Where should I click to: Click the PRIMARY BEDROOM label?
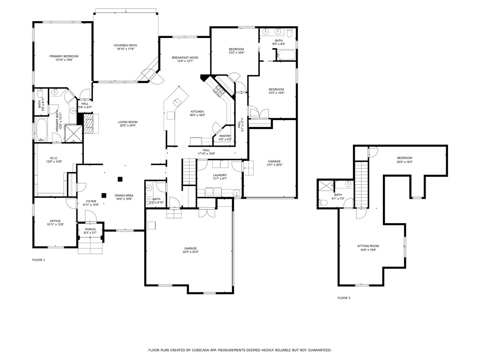64,56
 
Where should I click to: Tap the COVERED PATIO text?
125,45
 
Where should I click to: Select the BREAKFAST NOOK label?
185,57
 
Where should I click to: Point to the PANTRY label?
225,136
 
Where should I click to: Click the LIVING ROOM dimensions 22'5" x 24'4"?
127,126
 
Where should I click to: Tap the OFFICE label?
55,221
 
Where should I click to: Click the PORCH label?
90,229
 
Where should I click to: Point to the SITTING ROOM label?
368,246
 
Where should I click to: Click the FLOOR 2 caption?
344,298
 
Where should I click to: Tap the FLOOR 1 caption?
38,260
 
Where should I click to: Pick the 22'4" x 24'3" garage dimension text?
190,252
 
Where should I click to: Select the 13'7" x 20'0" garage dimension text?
275,165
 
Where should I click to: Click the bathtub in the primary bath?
42,129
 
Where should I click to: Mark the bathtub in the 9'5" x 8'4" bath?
285,55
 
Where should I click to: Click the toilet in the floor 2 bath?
324,202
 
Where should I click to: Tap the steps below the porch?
90,246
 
